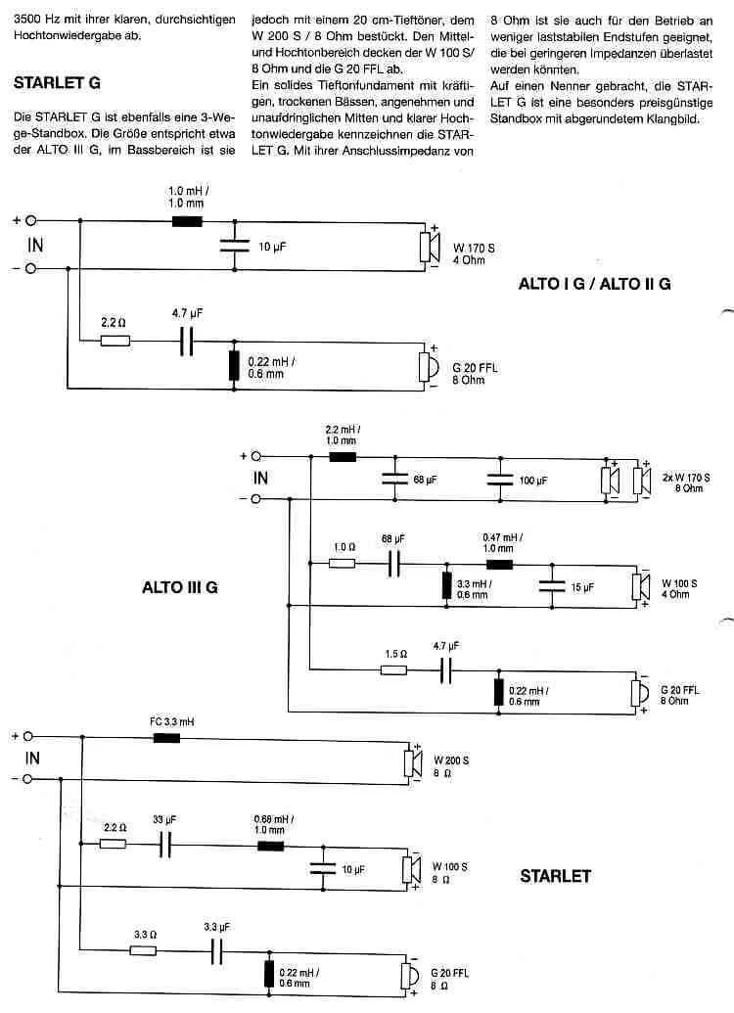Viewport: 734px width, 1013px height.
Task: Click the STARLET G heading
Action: tap(57, 82)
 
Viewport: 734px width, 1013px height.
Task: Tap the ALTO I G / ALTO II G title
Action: tap(594, 284)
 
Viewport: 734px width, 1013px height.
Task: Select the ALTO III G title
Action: tap(180, 587)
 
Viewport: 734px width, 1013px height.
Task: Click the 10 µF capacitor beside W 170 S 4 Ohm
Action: tap(234, 246)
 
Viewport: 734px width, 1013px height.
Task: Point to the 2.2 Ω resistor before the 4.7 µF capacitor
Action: tap(115, 341)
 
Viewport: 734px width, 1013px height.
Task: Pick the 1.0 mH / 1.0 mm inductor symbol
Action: tap(187, 221)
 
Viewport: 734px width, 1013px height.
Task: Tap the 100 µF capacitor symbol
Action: tap(500, 479)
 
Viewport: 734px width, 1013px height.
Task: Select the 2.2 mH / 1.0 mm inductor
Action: tap(343, 457)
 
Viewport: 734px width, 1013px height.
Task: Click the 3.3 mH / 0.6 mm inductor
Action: tap(446, 585)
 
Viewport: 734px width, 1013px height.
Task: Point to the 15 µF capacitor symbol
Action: tap(552, 586)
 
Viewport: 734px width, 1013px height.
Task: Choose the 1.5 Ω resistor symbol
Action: tap(393, 669)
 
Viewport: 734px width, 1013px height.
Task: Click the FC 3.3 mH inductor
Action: tap(166, 737)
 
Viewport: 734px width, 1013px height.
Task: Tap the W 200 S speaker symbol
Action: tap(413, 763)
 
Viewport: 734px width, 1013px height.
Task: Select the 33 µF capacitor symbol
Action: tap(165, 844)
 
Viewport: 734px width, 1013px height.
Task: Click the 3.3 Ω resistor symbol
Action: tap(143, 950)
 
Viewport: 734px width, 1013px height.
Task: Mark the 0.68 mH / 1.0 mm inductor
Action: tap(271, 846)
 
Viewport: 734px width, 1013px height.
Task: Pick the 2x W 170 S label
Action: tap(686, 478)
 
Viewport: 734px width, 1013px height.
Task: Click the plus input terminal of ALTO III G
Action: tap(255, 456)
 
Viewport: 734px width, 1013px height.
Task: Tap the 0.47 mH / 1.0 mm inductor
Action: tap(499, 564)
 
